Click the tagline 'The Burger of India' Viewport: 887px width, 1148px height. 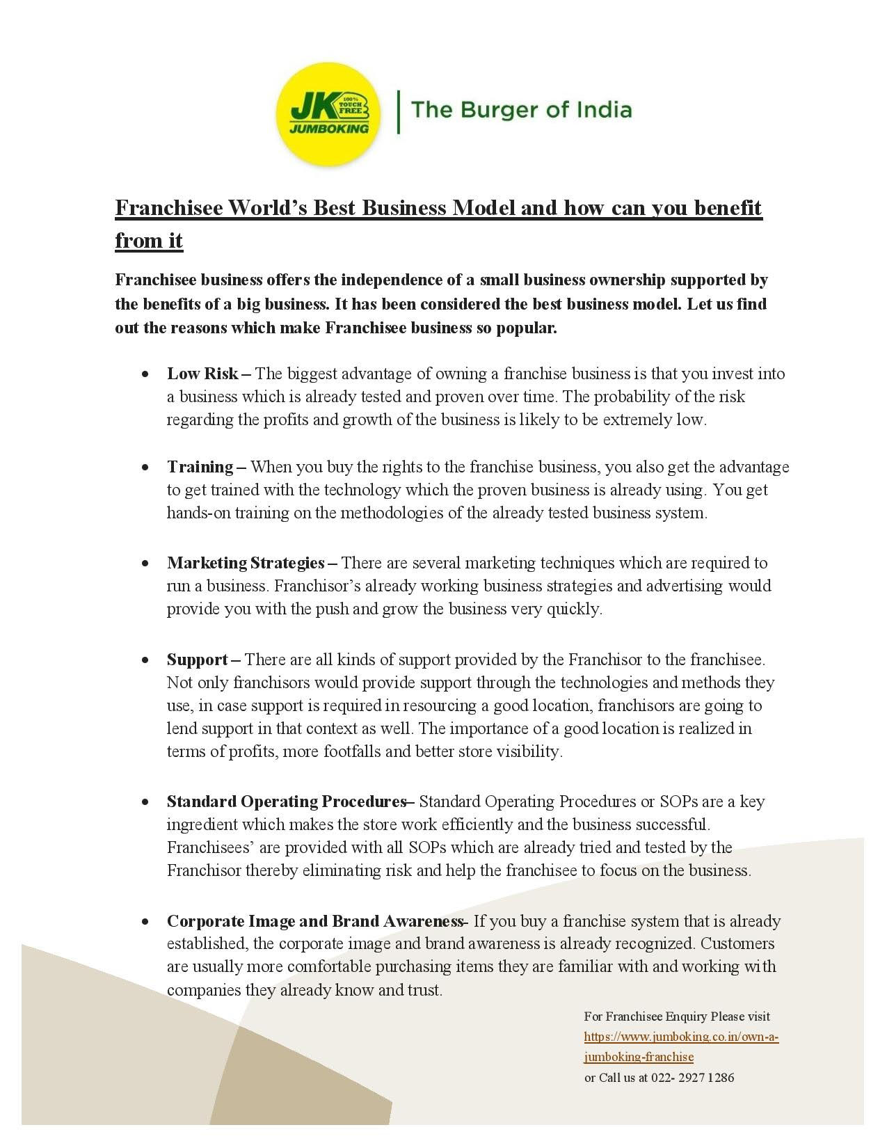click(521, 110)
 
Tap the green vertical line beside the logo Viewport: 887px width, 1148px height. click(399, 111)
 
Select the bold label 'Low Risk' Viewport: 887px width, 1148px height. click(202, 374)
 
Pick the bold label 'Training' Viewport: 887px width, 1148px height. click(200, 466)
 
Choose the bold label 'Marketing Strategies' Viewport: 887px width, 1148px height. click(246, 562)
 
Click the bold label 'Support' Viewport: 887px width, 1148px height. click(198, 659)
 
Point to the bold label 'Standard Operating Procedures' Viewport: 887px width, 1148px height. click(286, 802)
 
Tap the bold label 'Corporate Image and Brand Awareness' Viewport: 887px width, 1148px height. click(314, 921)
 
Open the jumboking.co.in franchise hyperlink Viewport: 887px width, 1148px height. click(680, 1037)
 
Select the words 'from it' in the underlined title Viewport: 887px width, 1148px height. click(149, 241)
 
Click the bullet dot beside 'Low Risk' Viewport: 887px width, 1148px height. click(145, 374)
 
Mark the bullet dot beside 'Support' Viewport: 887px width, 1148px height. click(145, 660)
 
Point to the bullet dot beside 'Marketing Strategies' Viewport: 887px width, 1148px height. click(145, 563)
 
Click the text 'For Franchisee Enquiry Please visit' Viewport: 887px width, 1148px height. click(677, 1017)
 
